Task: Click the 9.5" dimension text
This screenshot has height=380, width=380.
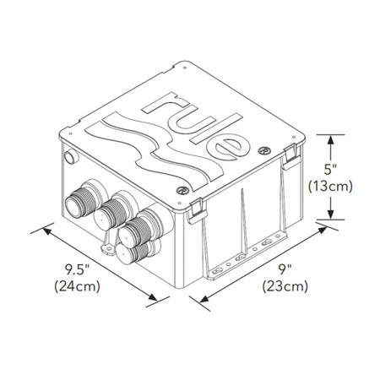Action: tap(77, 269)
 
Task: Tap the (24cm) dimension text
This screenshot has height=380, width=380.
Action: tap(78, 286)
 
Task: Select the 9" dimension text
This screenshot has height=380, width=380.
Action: tap(285, 269)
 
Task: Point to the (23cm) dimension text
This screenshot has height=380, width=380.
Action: tap(285, 286)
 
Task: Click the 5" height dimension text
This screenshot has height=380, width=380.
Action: tap(330, 170)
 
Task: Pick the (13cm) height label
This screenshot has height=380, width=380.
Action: tap(330, 187)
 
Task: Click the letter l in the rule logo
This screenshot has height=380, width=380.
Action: tap(216, 128)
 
